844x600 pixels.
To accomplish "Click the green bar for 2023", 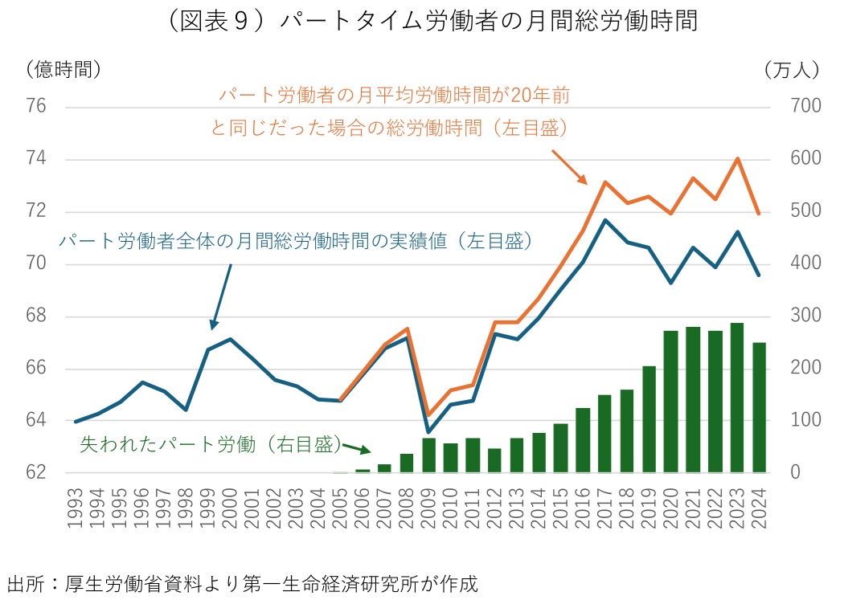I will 737,398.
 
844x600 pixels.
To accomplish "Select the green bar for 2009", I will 429,455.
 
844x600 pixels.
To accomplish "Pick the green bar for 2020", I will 671,402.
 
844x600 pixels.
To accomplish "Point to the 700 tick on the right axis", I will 788,107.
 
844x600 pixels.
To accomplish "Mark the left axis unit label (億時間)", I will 64,70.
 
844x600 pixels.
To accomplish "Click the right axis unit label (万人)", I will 791,70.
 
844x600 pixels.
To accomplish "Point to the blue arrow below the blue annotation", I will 221,296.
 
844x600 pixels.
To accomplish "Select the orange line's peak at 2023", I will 737,158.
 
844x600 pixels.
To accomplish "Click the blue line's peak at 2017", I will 604,219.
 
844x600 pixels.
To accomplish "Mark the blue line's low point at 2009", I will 429,431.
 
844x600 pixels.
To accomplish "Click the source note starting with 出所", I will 241,582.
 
